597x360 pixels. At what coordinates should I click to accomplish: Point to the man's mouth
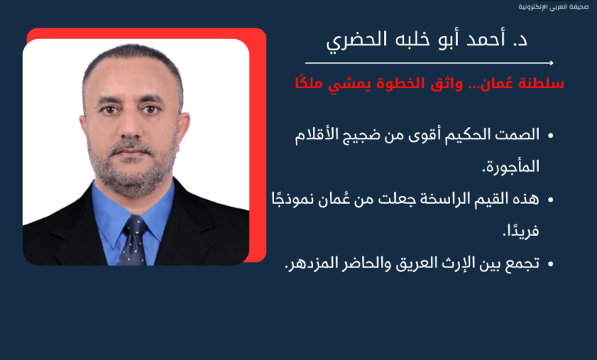pos(131,152)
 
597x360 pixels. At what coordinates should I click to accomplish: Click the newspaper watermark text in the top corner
pos(553,7)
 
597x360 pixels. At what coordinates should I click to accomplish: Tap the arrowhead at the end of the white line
pos(551,63)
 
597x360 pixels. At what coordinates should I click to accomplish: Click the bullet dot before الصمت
pos(550,136)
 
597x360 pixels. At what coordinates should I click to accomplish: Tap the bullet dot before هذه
pos(550,200)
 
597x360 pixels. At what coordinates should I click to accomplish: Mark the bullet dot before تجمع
pos(550,263)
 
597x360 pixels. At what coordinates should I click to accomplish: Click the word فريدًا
pos(521,231)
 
